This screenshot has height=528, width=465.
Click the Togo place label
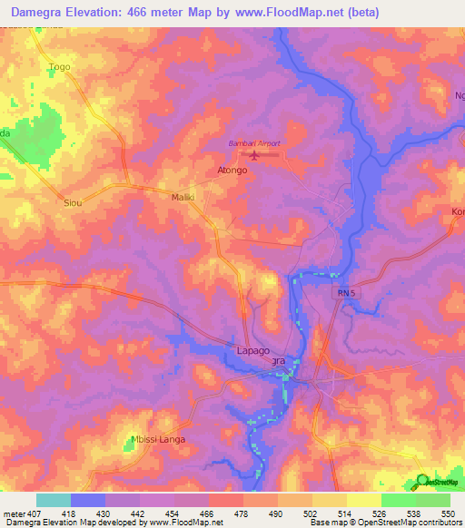pos(60,67)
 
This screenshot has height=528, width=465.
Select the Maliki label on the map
pos(184,197)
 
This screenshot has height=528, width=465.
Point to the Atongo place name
pos(232,170)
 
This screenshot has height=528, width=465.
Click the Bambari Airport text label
pos(254,143)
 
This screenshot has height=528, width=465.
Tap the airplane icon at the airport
pos(255,157)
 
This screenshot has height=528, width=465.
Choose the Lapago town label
pos(243,349)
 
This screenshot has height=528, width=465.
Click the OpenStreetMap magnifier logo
pos(423,482)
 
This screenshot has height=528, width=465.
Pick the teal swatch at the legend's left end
pos(54,500)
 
